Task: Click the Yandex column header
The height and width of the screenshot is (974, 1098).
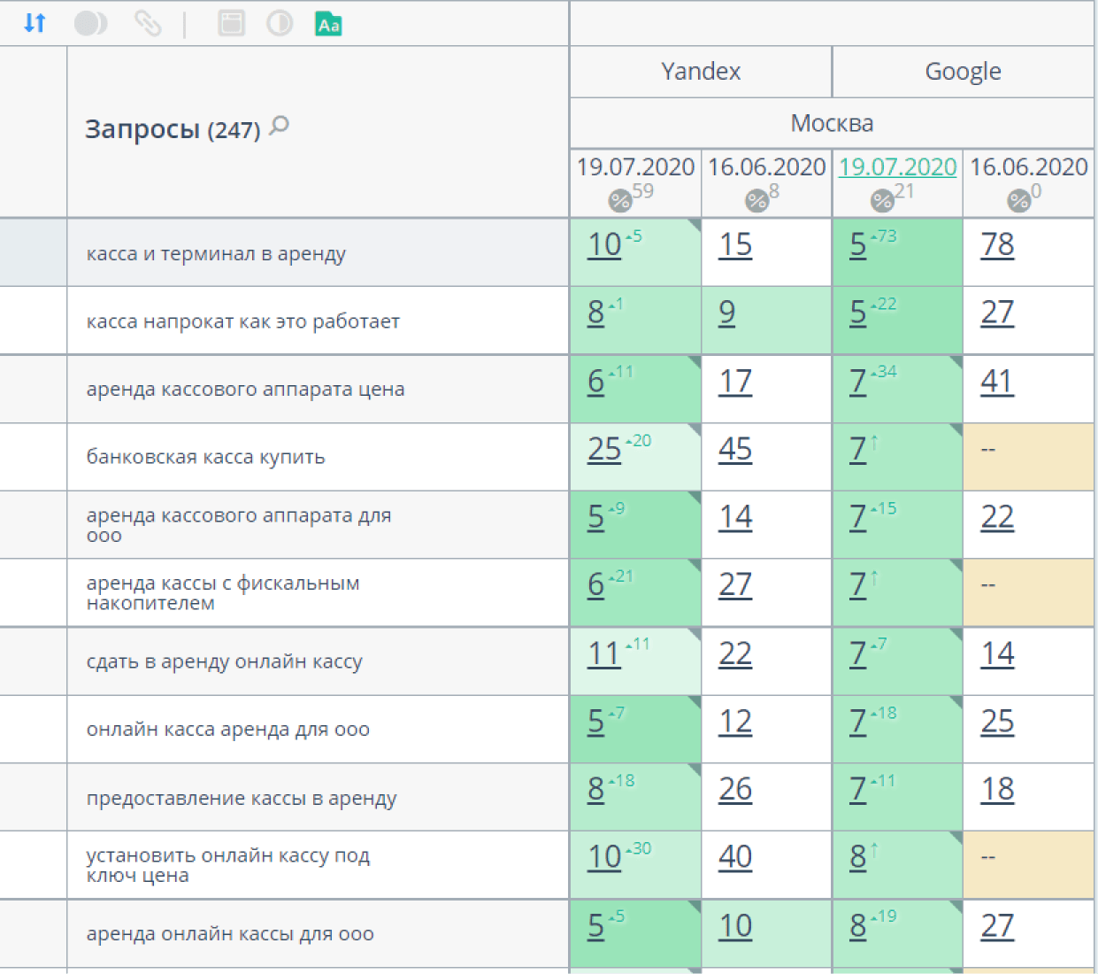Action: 701,72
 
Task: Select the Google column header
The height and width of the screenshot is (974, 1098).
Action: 963,72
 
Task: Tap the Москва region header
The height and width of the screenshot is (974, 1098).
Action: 832,123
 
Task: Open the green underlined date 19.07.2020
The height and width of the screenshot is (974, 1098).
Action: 897,166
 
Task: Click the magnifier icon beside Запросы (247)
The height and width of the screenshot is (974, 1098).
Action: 280,126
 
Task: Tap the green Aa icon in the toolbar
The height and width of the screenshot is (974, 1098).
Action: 328,24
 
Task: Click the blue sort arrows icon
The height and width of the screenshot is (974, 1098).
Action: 35,23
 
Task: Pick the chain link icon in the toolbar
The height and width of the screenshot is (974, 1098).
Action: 147,23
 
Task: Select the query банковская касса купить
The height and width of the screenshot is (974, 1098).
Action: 205,457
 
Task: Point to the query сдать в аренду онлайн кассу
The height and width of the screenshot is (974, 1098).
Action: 224,661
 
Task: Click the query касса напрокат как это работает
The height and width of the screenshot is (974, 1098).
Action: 242,321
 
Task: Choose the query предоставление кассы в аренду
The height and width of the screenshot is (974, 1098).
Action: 242,798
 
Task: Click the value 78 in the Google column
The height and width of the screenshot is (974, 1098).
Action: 997,244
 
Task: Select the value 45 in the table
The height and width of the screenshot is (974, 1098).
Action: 735,449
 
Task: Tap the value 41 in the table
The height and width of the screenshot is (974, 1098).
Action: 997,381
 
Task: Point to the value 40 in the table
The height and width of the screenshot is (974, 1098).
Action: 735,856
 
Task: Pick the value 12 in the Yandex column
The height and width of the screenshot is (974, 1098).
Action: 735,722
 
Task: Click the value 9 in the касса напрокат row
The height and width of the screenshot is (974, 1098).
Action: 727,313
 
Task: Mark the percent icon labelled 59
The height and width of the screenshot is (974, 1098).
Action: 620,201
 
